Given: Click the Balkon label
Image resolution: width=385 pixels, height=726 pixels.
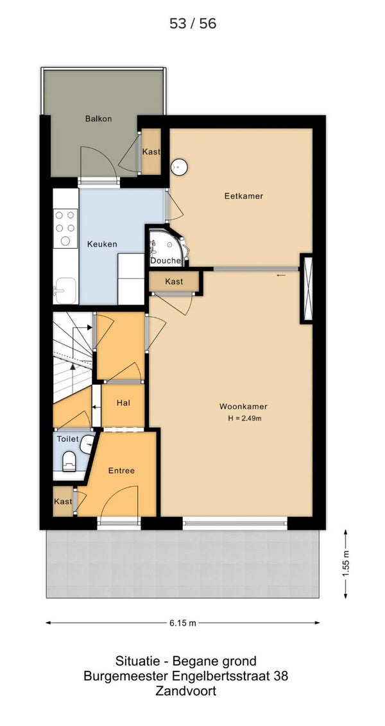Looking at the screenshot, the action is point(98,119).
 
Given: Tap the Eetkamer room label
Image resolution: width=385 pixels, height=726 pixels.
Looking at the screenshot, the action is point(244,196).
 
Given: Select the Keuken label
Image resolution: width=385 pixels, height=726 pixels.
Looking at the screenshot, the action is point(103,244).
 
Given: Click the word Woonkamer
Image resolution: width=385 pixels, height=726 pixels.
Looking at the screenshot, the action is point(243,407).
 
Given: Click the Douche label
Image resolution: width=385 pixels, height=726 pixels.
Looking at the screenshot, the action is point(166,260).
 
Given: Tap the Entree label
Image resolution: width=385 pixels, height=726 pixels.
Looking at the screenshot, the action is point(121,471).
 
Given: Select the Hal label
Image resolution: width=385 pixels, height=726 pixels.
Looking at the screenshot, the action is point(123,403).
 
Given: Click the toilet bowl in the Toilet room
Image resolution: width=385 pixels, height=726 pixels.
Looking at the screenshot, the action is point(69,460).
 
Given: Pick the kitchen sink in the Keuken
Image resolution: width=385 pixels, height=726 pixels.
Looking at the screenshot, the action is point(65,291).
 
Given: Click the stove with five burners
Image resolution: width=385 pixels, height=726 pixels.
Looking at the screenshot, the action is point(65,228).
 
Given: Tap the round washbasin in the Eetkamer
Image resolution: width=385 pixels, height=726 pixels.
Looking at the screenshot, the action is point(179,167).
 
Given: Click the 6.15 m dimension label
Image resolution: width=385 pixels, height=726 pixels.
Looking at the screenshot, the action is point(182,623).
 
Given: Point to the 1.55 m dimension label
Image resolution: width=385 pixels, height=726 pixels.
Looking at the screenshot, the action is point(345,564).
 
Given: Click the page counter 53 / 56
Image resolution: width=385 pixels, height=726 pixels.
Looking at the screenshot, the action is point(193,24).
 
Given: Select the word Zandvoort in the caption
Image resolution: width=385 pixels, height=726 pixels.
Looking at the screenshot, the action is point(186,692).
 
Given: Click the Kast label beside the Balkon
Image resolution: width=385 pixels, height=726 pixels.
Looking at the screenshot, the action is point(151,151).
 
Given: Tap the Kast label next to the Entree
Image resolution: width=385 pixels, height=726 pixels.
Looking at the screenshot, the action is point(62,502).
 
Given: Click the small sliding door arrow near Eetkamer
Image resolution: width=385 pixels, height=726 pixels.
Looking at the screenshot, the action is point(281,276).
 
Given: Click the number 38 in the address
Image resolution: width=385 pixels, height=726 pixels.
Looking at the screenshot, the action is point(281,676).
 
